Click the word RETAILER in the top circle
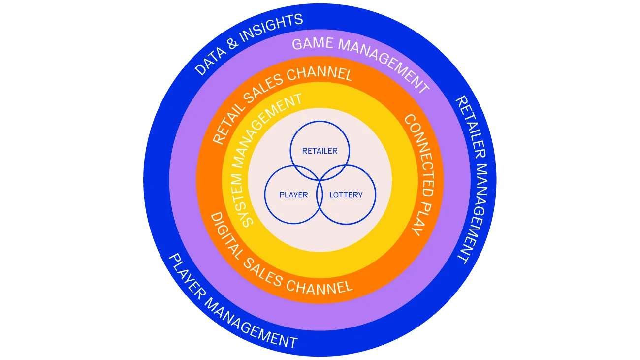[x=320, y=151]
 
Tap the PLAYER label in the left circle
[x=293, y=195]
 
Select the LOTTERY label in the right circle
[x=346, y=195]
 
